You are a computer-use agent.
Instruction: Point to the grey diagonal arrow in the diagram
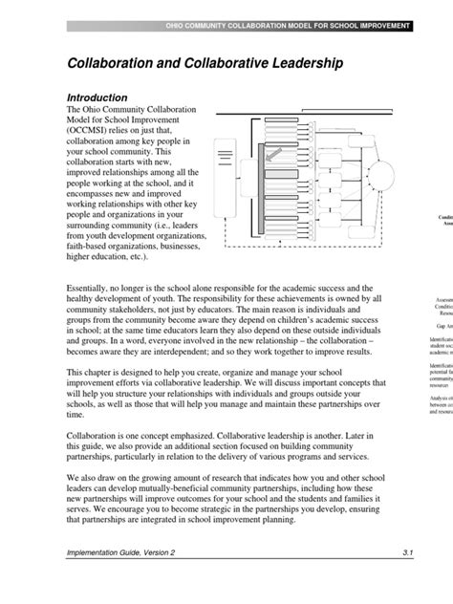(x=273, y=153)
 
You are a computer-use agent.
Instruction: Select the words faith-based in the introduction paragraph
(x=90, y=244)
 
